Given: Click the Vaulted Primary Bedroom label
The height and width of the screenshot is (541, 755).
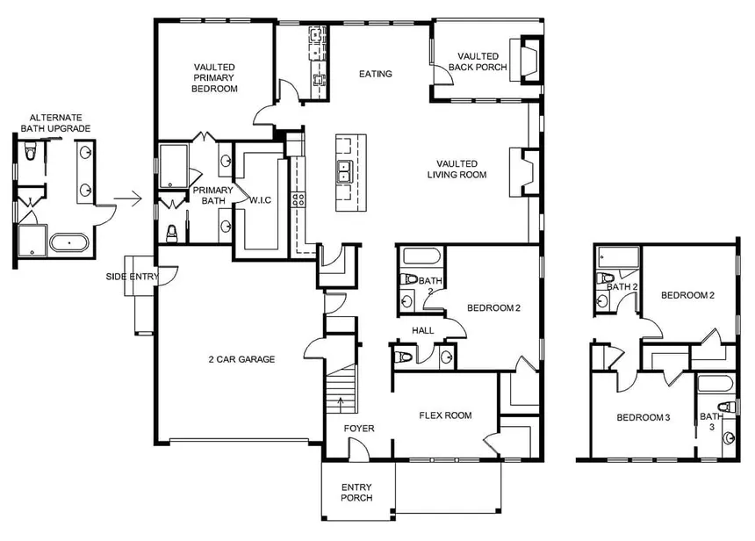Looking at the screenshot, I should (x=215, y=77).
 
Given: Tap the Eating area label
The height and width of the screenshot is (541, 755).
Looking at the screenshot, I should (x=376, y=74).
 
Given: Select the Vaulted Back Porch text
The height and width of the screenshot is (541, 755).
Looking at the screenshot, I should (x=478, y=61).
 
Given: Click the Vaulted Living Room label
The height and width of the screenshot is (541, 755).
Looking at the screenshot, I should (x=457, y=169).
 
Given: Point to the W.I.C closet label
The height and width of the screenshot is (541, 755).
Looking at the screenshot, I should (x=262, y=199).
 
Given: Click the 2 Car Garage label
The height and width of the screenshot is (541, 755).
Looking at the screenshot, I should (x=241, y=359).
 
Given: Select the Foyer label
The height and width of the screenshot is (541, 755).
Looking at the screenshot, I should (x=358, y=429).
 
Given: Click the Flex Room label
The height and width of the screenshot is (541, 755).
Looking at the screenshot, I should (x=445, y=415).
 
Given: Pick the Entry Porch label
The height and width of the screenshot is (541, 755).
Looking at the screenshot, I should (x=356, y=492).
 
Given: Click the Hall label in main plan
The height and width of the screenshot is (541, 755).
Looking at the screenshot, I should (x=423, y=330).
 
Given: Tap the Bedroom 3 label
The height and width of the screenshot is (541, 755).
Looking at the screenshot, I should (x=643, y=418).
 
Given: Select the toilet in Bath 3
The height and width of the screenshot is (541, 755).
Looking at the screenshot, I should (x=725, y=406).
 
